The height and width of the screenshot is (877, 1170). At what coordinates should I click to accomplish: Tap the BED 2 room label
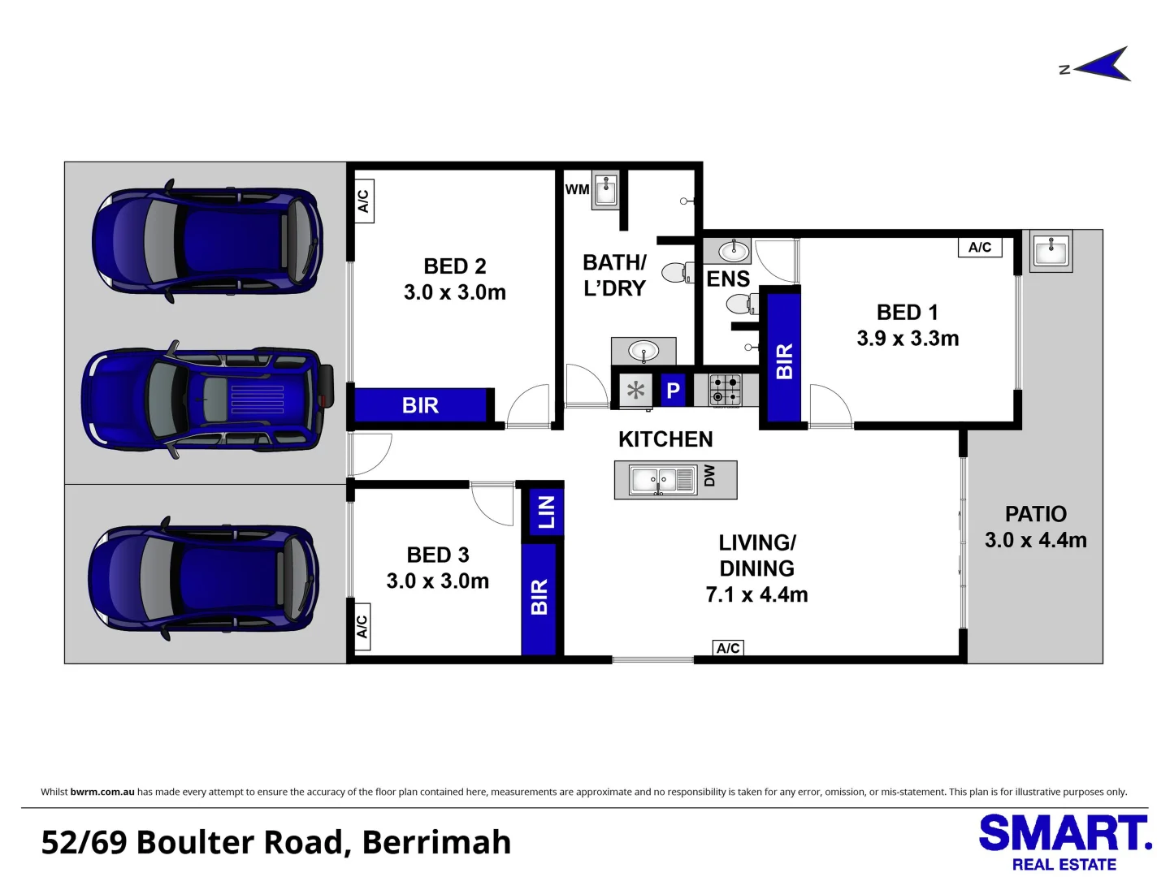[x=455, y=279]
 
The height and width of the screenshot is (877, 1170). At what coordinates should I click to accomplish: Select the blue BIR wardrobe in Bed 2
[x=420, y=405]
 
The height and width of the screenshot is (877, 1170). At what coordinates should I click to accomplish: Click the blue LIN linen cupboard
[x=546, y=512]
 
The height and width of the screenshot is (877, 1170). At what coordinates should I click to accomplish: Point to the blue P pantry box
[x=674, y=391]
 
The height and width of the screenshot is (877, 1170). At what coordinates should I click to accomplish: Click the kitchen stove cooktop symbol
[x=726, y=391]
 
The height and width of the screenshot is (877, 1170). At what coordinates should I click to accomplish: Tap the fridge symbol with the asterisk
[x=635, y=391]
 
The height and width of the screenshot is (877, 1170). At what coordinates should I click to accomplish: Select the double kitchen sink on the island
[x=662, y=480]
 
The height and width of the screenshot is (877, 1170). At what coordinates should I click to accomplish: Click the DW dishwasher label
[x=709, y=476]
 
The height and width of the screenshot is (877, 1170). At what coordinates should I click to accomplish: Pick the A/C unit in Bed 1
[x=980, y=247]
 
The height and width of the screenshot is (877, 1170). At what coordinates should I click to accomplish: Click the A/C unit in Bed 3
[x=362, y=626]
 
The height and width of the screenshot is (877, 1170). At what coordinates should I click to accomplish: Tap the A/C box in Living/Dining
[x=728, y=648]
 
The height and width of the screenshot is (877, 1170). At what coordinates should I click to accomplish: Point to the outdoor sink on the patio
[x=1051, y=251]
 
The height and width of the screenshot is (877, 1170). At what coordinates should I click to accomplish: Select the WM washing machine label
[x=577, y=189]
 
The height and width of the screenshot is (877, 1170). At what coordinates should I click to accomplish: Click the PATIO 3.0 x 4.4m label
[x=1036, y=527]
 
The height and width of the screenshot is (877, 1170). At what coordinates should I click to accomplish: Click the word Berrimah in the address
[x=436, y=842]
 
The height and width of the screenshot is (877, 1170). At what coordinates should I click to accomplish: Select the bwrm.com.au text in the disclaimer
[x=102, y=792]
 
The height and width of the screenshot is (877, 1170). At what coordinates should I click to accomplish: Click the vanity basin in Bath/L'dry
[x=643, y=351]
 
